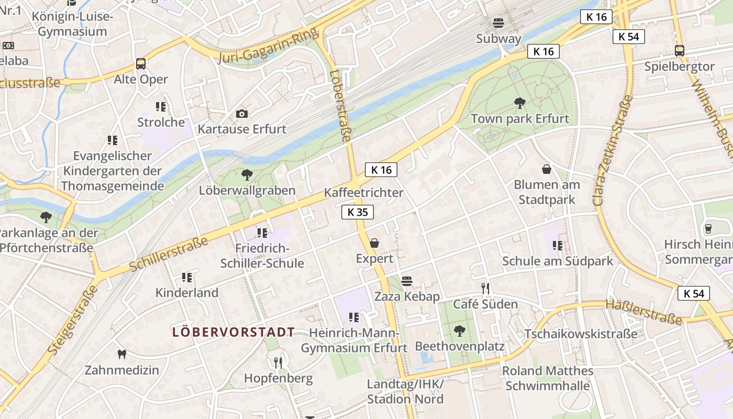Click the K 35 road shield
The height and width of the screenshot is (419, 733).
(x=358, y=212)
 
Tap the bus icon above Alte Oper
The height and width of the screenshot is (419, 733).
(x=141, y=64)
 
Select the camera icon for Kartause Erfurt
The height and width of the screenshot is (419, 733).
(x=242, y=114)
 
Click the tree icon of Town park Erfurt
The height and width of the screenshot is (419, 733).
(x=520, y=103)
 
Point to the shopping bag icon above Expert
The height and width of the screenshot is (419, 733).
(x=374, y=243)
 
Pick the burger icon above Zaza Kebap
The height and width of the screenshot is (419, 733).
(x=407, y=281)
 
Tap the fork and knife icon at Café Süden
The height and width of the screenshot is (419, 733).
(x=485, y=289)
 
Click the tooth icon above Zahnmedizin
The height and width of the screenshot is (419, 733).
(x=122, y=355)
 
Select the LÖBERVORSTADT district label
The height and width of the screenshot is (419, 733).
(x=234, y=332)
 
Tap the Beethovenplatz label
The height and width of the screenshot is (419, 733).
(x=460, y=346)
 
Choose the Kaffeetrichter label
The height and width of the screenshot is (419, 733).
(x=364, y=192)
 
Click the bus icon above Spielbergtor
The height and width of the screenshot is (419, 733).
(x=680, y=51)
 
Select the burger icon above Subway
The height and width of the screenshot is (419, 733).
(x=498, y=23)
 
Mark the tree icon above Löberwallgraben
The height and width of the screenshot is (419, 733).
(x=247, y=174)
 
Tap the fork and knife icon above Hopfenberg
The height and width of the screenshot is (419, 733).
(x=279, y=362)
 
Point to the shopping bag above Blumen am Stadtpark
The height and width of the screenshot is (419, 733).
(x=547, y=169)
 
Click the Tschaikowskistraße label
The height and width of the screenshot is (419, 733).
(x=581, y=334)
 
